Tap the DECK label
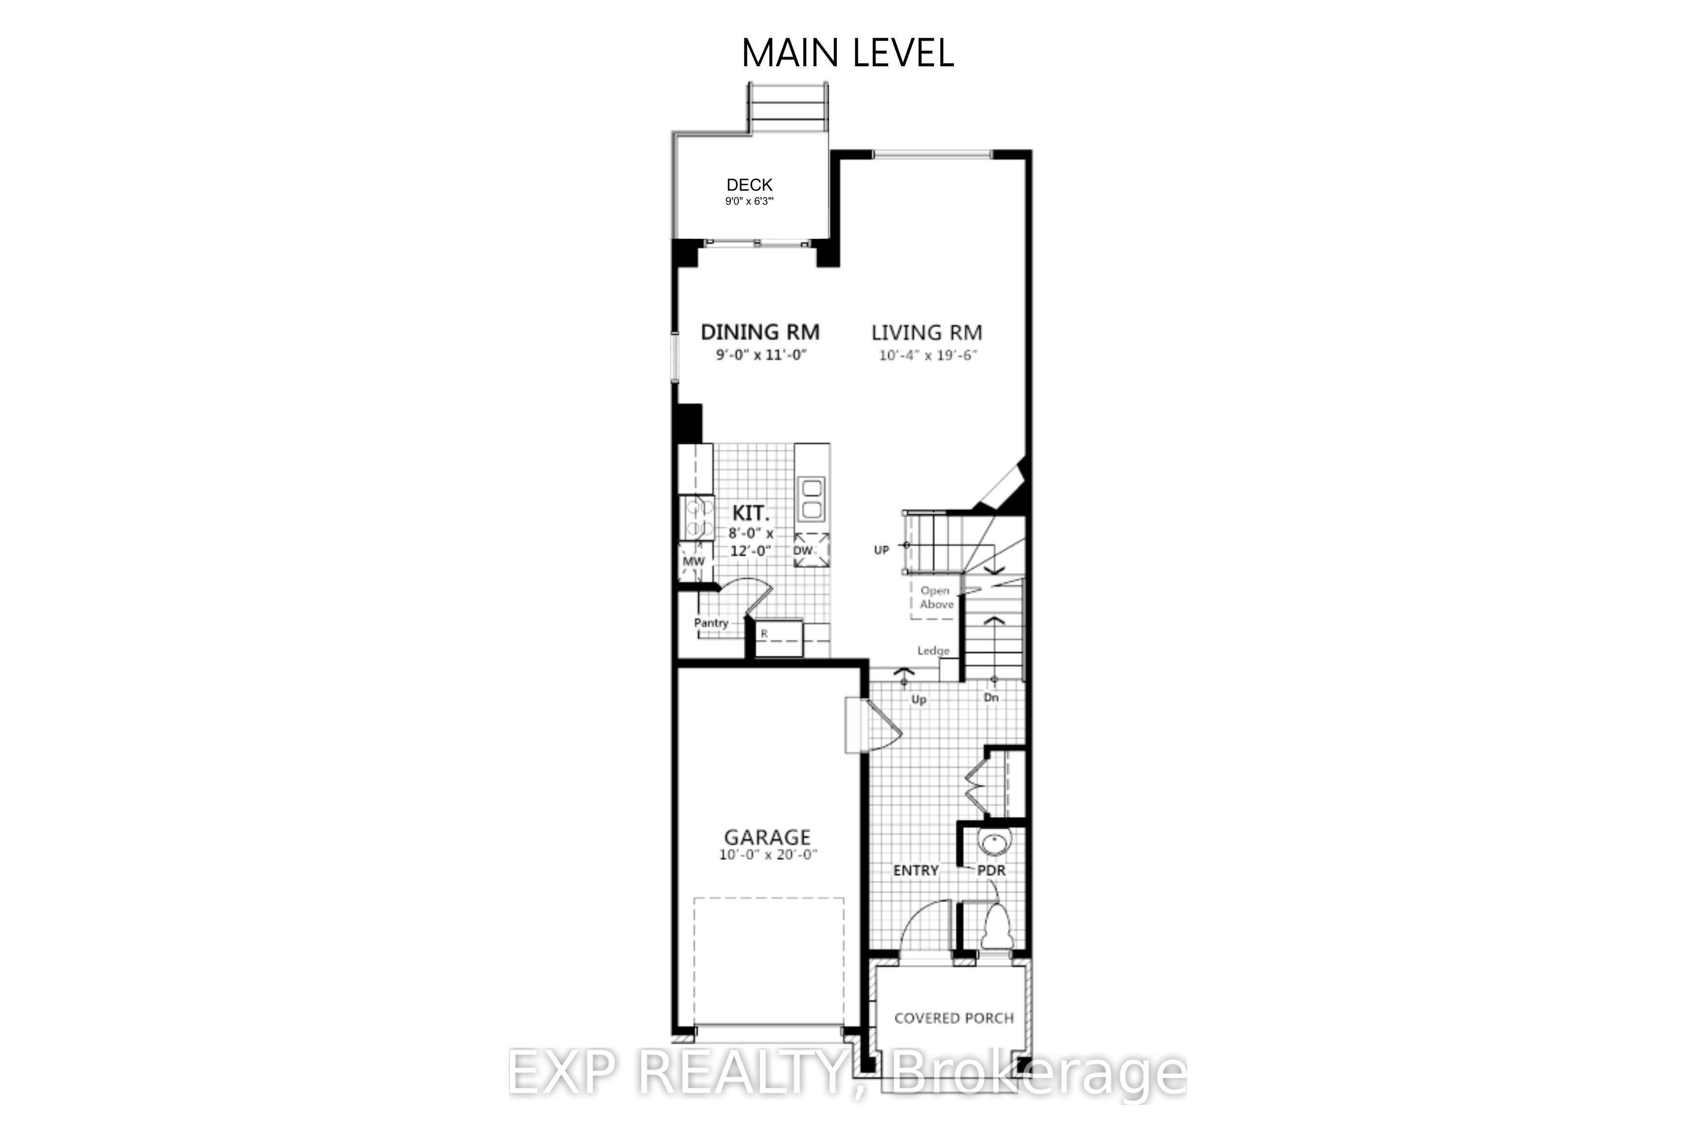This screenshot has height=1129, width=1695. pyautogui.click(x=749, y=185)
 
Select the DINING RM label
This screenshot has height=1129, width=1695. pyautogui.click(x=760, y=332)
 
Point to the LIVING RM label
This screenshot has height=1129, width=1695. pyautogui.click(x=927, y=332)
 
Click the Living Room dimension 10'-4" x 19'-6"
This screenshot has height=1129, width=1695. pyautogui.click(x=928, y=355)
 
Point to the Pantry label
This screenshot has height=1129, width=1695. pyautogui.click(x=711, y=623)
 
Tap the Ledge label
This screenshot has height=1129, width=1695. pyautogui.click(x=934, y=651)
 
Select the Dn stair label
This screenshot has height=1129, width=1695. pyautogui.click(x=991, y=698)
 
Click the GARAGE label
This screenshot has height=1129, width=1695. pyautogui.click(x=767, y=837)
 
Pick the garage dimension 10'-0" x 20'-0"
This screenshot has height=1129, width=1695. pyautogui.click(x=769, y=856)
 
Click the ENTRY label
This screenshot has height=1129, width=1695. pyautogui.click(x=916, y=871)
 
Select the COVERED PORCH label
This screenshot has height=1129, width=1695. pyautogui.click(x=954, y=1018)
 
